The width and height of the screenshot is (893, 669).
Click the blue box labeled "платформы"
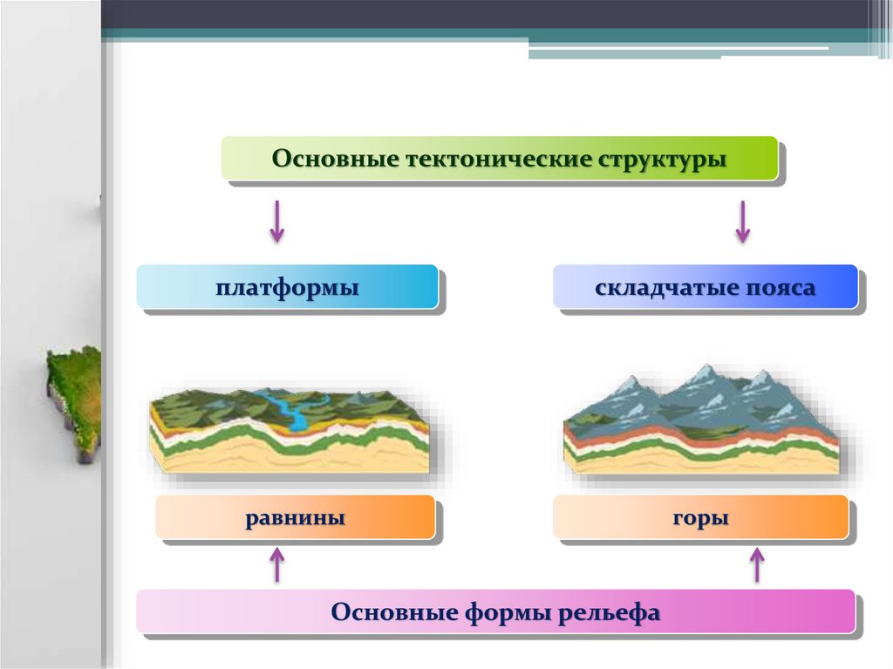pos(287,287)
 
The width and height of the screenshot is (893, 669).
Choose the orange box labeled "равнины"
pos(295,517)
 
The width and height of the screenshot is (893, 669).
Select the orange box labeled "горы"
pos(700,517)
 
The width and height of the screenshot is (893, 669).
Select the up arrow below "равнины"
pos(277,564)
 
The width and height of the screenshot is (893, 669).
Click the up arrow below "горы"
pos(757,564)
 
